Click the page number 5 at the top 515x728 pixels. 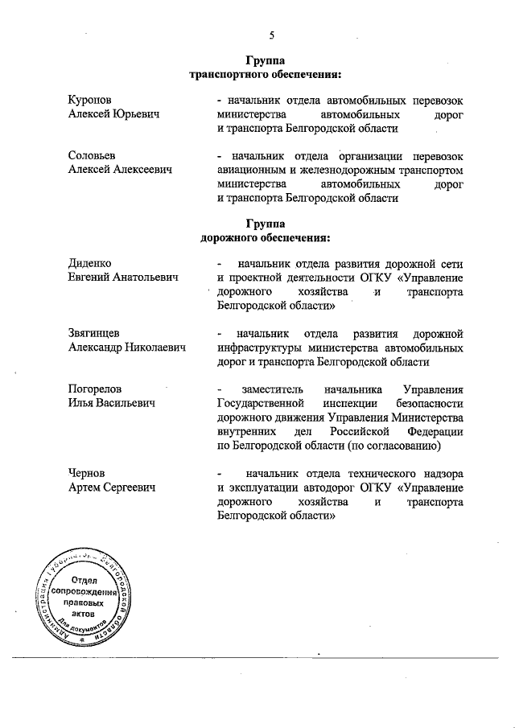(271, 35)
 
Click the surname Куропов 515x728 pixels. (92, 101)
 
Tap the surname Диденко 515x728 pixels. (90, 264)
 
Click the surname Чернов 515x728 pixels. (88, 474)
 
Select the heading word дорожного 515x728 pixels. (232, 238)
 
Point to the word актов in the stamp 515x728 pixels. (84, 613)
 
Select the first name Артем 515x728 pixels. (86, 487)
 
